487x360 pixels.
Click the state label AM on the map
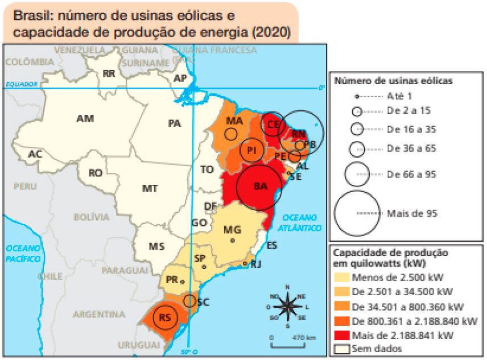point(85,119)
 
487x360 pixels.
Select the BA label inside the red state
point(260,187)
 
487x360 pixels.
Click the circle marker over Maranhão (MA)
point(231,134)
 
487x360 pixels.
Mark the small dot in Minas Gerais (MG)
point(232,241)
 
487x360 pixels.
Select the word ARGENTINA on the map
point(98,314)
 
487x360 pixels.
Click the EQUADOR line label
point(21,84)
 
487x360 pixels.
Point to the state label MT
point(150,188)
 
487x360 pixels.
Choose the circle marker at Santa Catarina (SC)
point(190,301)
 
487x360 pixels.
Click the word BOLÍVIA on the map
point(91,217)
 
